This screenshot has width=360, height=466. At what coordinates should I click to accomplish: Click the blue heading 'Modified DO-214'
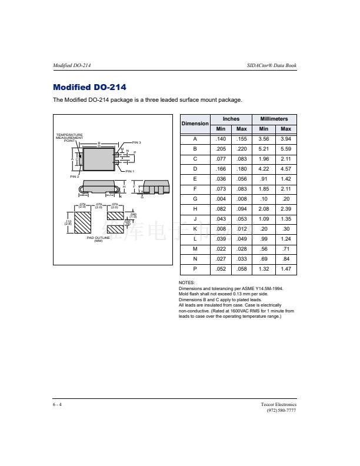coord(89,88)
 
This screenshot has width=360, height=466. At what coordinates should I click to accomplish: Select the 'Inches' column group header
coord(231,119)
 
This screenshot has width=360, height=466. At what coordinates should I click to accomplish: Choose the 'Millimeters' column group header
coord(274,119)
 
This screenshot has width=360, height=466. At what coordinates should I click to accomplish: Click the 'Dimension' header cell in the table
coord(195,124)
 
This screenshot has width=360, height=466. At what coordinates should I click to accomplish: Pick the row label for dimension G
coord(195,199)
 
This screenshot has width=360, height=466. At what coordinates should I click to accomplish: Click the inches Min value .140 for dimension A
coord(221,139)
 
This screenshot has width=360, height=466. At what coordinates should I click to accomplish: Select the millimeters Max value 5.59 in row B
coord(286,149)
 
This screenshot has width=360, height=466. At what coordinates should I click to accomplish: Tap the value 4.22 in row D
coord(264,169)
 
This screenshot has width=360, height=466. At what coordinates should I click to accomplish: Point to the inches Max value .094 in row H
coord(241,209)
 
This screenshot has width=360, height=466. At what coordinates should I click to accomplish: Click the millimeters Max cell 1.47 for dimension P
coord(286,269)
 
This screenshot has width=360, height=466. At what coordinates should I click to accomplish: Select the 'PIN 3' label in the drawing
coord(136,142)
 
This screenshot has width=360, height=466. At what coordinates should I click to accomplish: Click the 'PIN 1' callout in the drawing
coord(138,171)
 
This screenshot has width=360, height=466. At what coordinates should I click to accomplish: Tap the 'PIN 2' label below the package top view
coord(75,177)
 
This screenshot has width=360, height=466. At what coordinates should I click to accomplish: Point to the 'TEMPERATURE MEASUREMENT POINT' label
coord(69,138)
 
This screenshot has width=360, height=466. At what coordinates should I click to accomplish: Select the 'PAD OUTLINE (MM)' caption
coord(98,239)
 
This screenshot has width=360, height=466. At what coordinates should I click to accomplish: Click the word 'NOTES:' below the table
coord(186,283)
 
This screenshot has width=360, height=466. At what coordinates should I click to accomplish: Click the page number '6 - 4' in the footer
coord(57,405)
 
